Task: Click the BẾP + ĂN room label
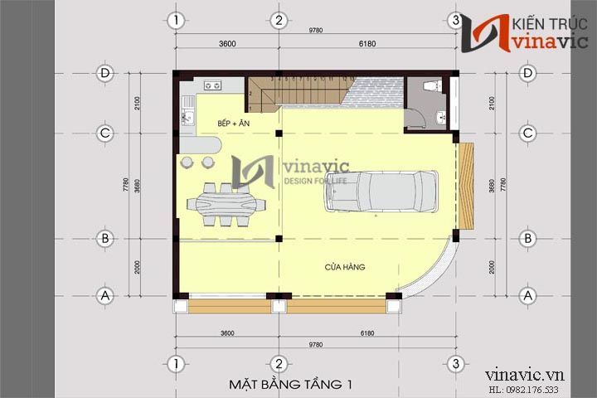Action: point(234,124)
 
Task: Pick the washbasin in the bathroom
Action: point(442,117)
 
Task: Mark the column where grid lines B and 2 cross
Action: point(279,239)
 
